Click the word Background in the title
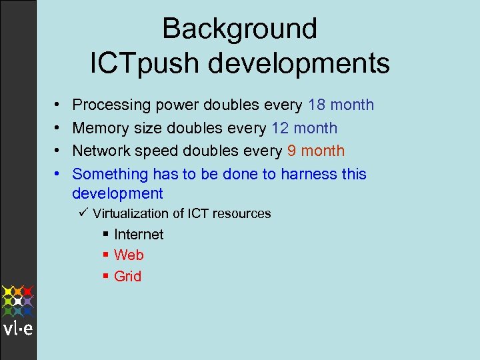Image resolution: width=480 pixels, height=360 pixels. [239, 29]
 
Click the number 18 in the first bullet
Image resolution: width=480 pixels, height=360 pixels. [317, 105]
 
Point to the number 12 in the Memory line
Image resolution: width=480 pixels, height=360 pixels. [280, 128]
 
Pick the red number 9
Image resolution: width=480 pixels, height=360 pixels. [292, 151]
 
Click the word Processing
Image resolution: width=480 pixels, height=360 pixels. [111, 105]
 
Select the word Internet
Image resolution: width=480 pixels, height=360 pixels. [139, 235]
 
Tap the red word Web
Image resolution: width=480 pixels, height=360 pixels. [129, 255]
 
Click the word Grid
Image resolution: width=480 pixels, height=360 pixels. [128, 276]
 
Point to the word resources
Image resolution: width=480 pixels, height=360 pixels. [242, 214]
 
